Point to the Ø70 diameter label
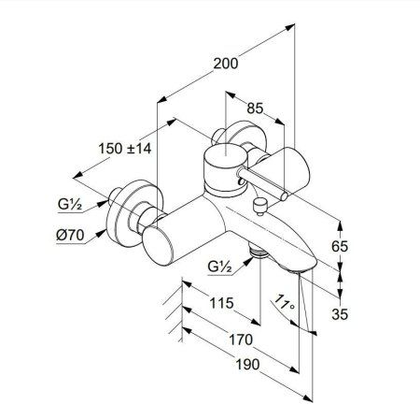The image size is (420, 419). [72, 235]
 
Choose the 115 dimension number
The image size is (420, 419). [220, 303]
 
